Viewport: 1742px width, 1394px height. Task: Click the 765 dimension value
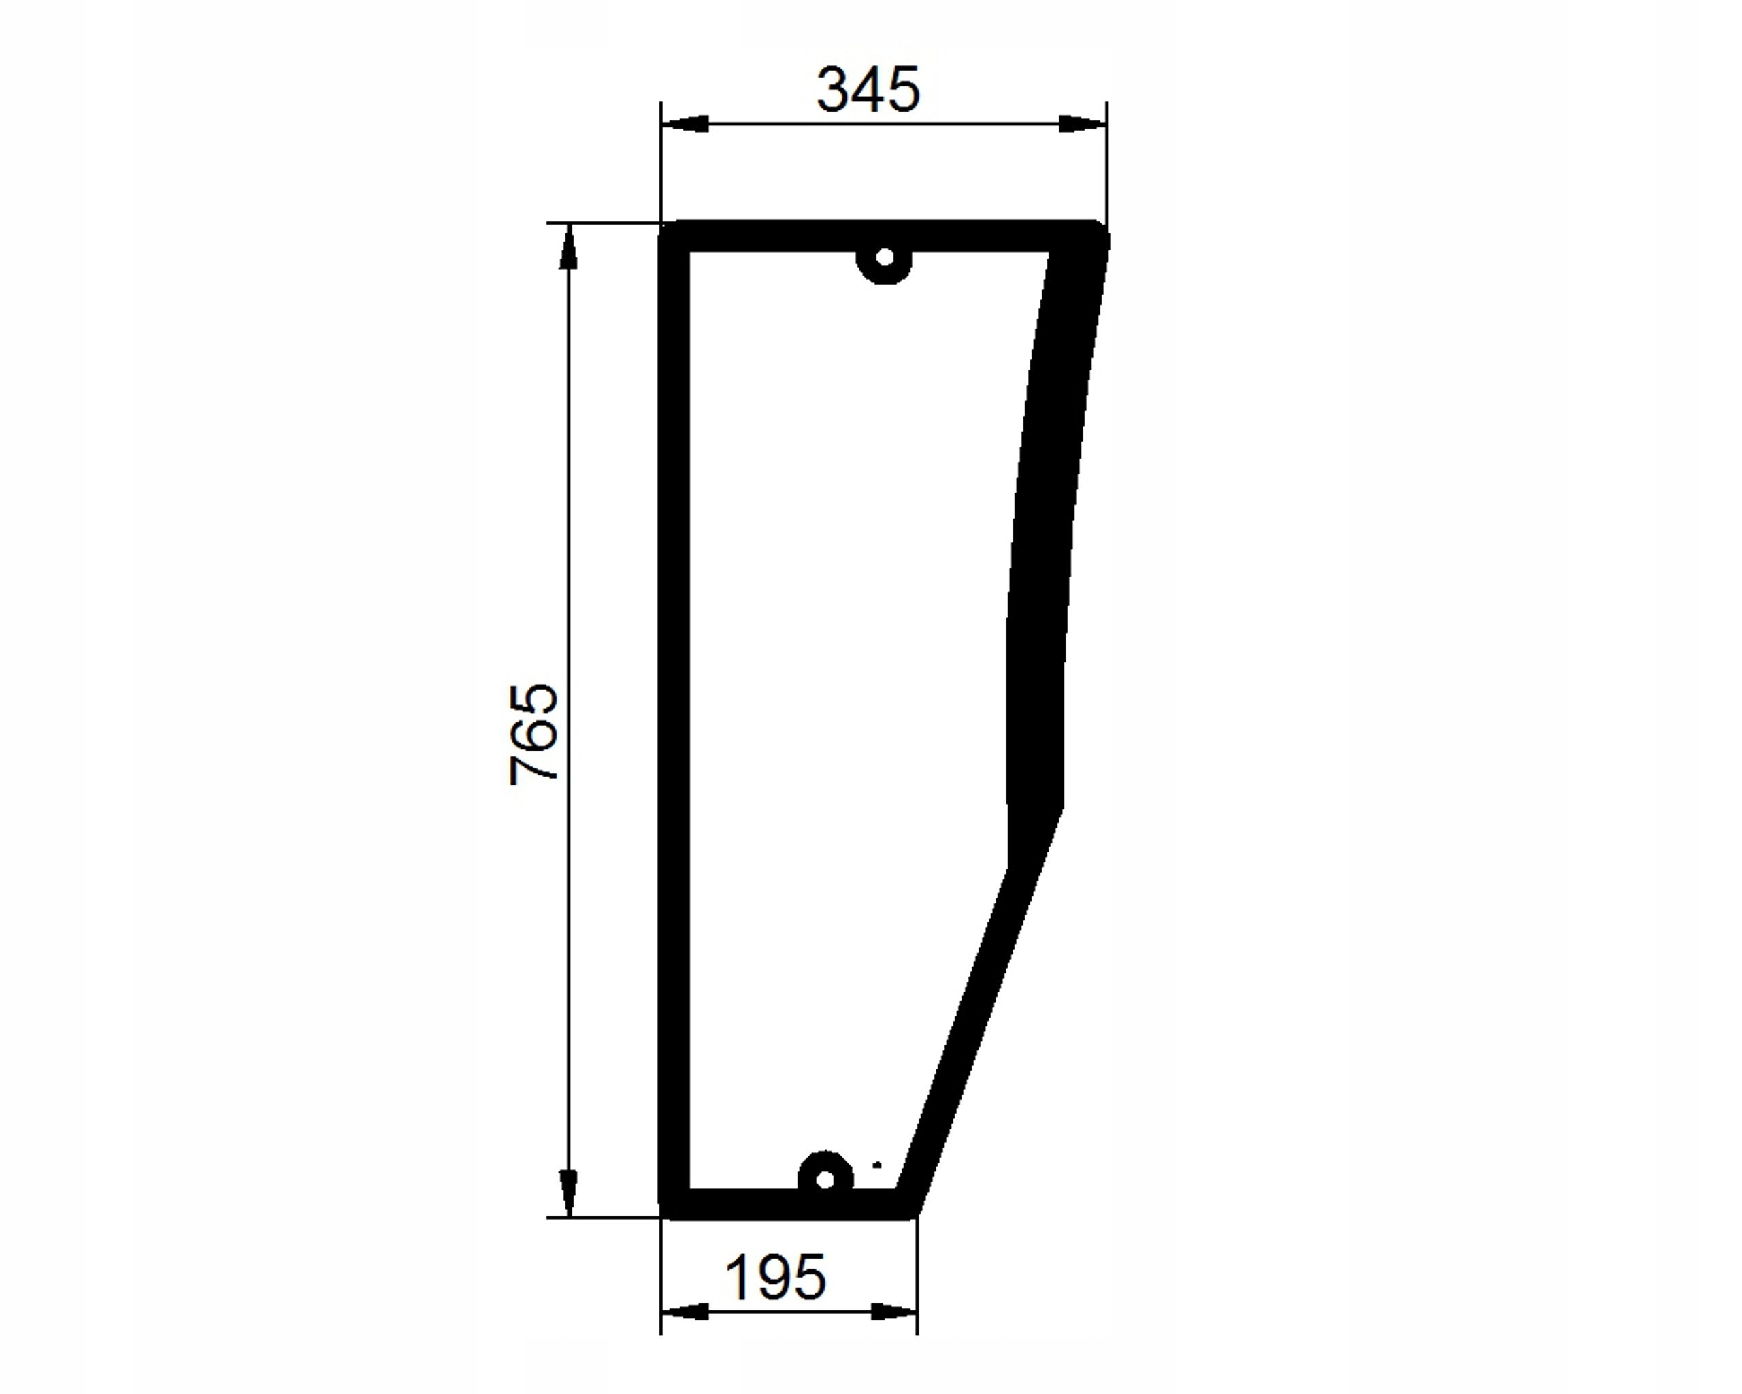533,734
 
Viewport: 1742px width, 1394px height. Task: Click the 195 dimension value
776,1278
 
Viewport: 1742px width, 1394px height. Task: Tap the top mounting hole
885,258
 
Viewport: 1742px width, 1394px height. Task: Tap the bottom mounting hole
824,1180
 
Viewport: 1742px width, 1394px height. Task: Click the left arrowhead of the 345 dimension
685,124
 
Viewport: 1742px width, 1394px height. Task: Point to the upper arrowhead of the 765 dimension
569,246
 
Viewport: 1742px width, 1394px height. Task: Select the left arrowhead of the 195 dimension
685,1312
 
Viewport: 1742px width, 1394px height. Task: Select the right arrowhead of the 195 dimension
893,1312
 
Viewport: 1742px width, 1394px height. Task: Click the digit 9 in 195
775,1278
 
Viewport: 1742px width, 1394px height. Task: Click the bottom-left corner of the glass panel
664,1214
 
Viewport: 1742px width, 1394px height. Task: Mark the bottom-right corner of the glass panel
915,1214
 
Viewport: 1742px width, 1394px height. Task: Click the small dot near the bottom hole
877,1165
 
